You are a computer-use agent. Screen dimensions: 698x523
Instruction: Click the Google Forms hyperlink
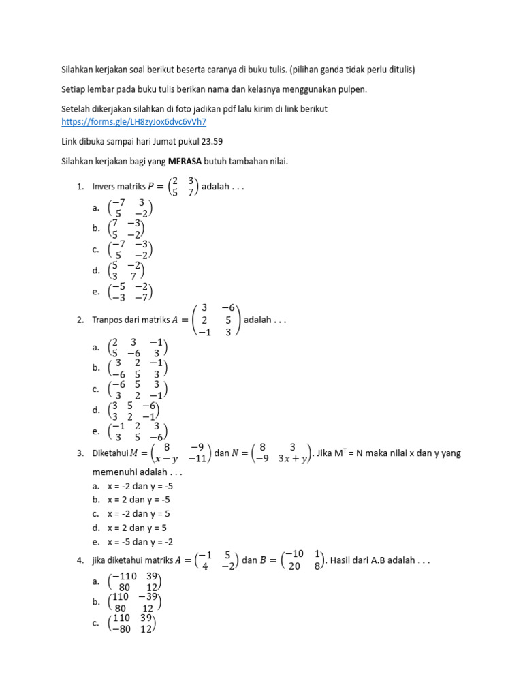133,122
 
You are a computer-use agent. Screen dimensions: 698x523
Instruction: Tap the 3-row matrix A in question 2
217,320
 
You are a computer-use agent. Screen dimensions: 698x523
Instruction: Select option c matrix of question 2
138,390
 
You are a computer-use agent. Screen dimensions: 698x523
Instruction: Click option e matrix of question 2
138,431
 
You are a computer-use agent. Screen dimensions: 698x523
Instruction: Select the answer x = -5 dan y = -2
140,541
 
